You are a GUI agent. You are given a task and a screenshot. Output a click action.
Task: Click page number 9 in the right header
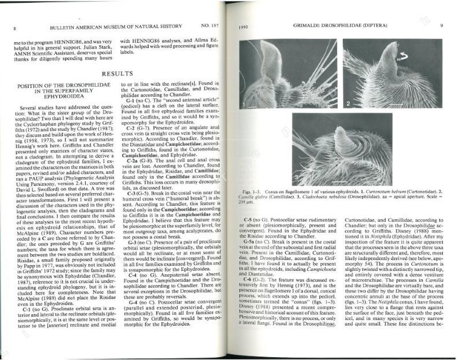pyautogui.click(x=441, y=27)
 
